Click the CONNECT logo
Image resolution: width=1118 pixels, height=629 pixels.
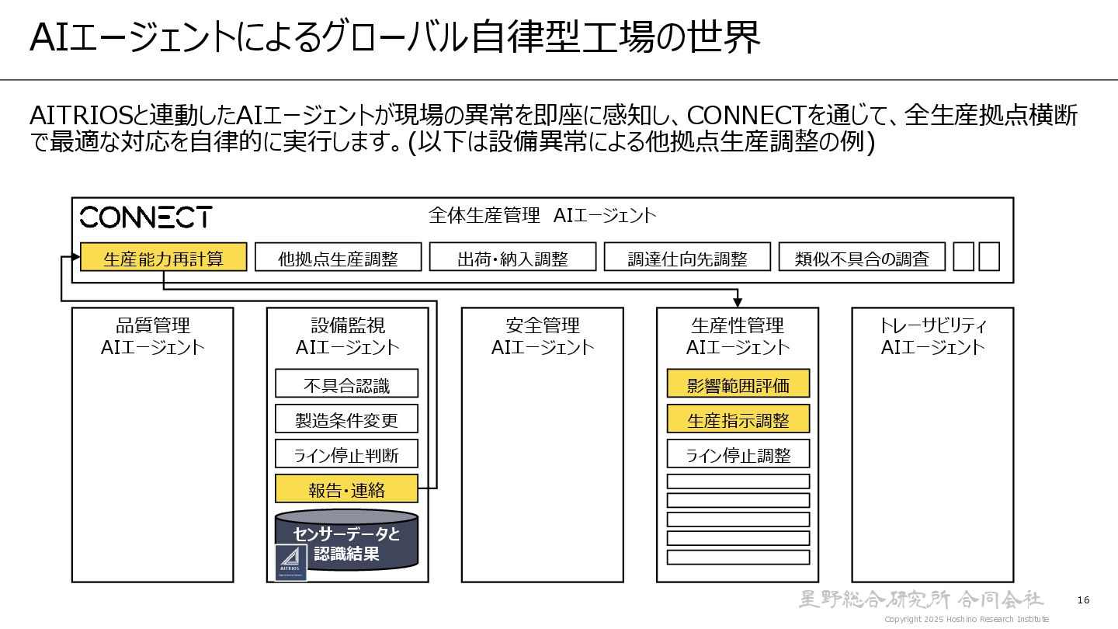click(146, 217)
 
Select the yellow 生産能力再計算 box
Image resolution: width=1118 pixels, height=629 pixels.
click(164, 258)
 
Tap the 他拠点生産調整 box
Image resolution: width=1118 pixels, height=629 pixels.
click(338, 258)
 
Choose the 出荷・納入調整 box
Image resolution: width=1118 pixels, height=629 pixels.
click(512, 258)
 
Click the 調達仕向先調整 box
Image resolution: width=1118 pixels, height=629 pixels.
click(687, 258)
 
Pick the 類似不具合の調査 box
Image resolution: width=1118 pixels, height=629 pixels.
click(862, 258)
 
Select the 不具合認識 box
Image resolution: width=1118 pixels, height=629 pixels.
click(346, 384)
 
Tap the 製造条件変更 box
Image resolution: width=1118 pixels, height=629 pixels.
click(346, 419)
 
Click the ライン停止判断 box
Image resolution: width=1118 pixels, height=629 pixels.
click(346, 454)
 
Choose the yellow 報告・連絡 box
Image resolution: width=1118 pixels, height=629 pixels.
click(346, 489)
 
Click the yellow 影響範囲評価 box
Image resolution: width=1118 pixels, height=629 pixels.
click(738, 384)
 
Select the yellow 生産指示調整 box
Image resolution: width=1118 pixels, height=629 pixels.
click(738, 419)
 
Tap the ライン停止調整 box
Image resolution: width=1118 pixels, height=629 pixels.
click(738, 454)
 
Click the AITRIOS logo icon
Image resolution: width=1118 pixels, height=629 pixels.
click(291, 562)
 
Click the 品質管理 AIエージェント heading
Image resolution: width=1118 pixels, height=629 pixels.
click(153, 335)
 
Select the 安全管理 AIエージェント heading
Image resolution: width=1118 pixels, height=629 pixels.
click(543, 335)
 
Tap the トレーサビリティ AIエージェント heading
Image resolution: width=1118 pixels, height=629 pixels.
click(932, 335)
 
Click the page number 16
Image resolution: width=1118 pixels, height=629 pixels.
click(1084, 600)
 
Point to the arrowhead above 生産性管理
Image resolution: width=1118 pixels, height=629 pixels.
click(738, 302)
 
